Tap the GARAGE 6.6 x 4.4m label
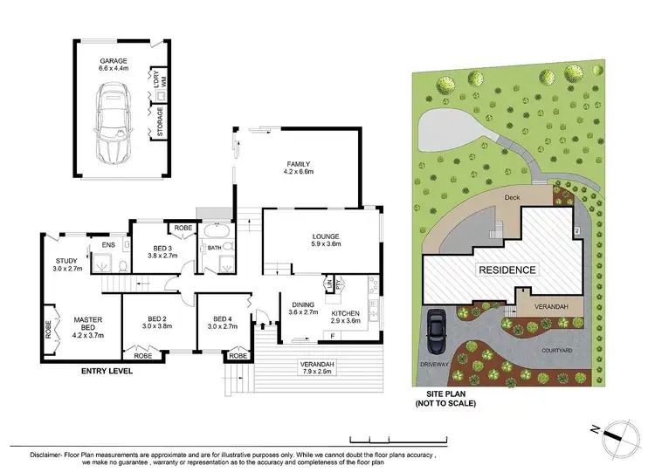click(113, 63)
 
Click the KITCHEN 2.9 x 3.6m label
click(345, 317)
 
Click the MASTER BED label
click(88, 325)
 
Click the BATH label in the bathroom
click(213, 249)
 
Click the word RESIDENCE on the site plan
click(506, 270)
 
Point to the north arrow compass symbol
click(615, 430)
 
